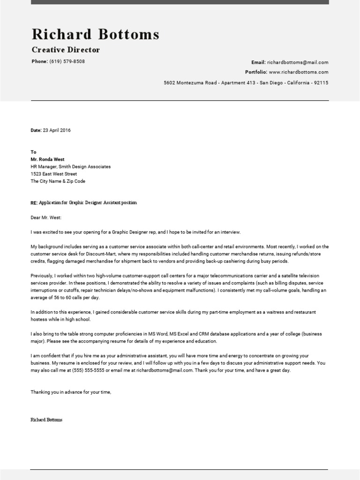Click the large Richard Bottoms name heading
(96, 34)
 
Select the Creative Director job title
(66, 50)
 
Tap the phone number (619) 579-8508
(67, 61)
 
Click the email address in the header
(298, 62)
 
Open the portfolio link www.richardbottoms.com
(299, 72)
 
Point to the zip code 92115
(321, 82)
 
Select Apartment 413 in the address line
(239, 82)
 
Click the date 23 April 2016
(56, 130)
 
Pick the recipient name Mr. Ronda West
(47, 159)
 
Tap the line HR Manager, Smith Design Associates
(71, 166)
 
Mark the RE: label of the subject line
(34, 202)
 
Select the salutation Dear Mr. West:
(46, 217)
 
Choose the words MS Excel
(172, 334)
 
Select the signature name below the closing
(46, 420)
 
